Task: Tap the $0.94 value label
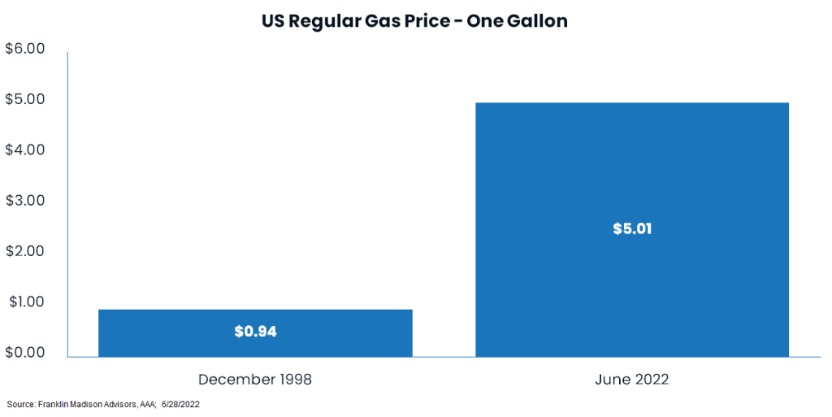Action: pos(255,332)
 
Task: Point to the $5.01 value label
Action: pos(632,229)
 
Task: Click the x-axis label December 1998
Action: pos(255,380)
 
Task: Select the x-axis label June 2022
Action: pos(632,380)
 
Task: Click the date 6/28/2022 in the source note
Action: pos(180,405)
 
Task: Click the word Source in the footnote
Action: pos(18,405)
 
